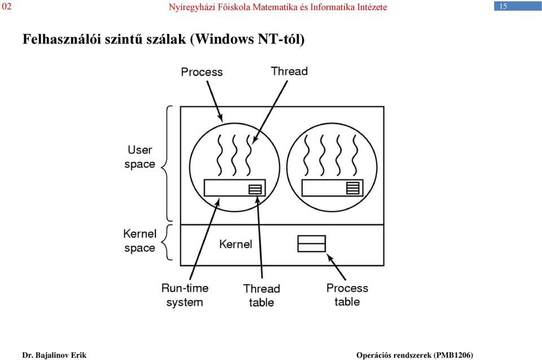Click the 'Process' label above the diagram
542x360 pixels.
click(202, 72)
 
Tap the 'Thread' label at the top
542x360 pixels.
click(289, 71)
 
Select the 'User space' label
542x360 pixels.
click(139, 157)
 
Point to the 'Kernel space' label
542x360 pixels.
click(139, 241)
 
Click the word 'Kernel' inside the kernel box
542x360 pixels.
click(235, 244)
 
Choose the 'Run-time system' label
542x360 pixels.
click(185, 295)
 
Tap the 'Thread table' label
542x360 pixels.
click(261, 296)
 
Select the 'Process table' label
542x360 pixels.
click(347, 295)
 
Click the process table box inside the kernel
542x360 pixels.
click(312, 244)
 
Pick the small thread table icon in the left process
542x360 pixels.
click(255, 190)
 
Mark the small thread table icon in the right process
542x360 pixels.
click(353, 188)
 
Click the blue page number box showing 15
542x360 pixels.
click(518, 6)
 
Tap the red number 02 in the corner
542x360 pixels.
click(7, 7)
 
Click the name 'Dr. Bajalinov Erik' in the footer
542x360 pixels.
click(54, 355)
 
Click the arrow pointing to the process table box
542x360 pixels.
click(336, 267)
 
